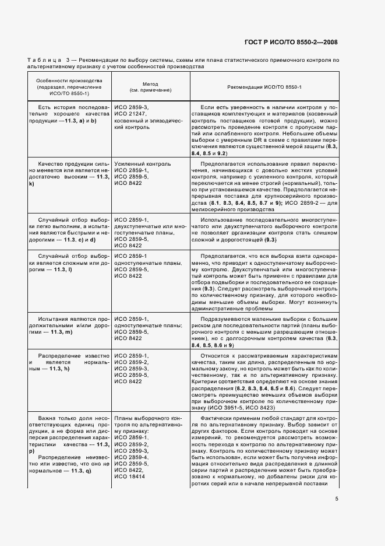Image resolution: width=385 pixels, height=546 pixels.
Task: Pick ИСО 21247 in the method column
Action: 131,114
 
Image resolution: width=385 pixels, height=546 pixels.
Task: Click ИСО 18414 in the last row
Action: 131,477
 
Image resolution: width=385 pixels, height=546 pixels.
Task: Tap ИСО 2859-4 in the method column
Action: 131,457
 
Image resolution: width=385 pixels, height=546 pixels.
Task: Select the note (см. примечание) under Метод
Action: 149,90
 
